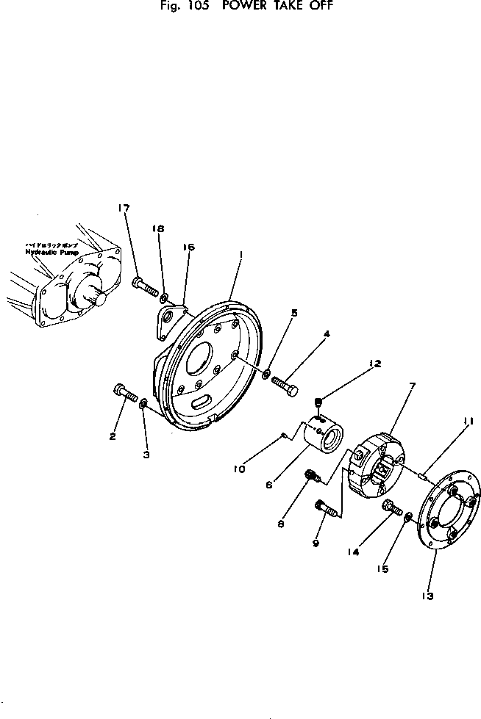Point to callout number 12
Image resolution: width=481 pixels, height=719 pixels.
coord(375,363)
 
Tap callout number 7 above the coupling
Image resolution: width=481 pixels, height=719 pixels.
coord(412,385)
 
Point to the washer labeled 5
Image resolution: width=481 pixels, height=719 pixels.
coord(265,375)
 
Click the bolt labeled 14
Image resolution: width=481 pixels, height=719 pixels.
coord(389,506)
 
